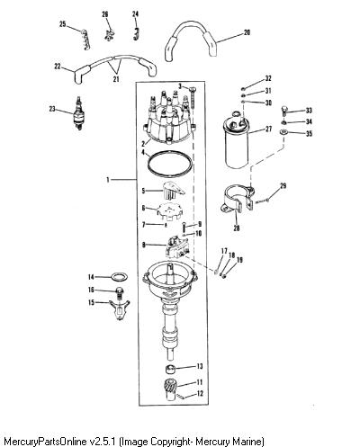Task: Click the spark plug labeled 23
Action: [x=78, y=114]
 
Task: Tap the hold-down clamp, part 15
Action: [x=120, y=309]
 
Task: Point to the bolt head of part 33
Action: [x=285, y=110]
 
